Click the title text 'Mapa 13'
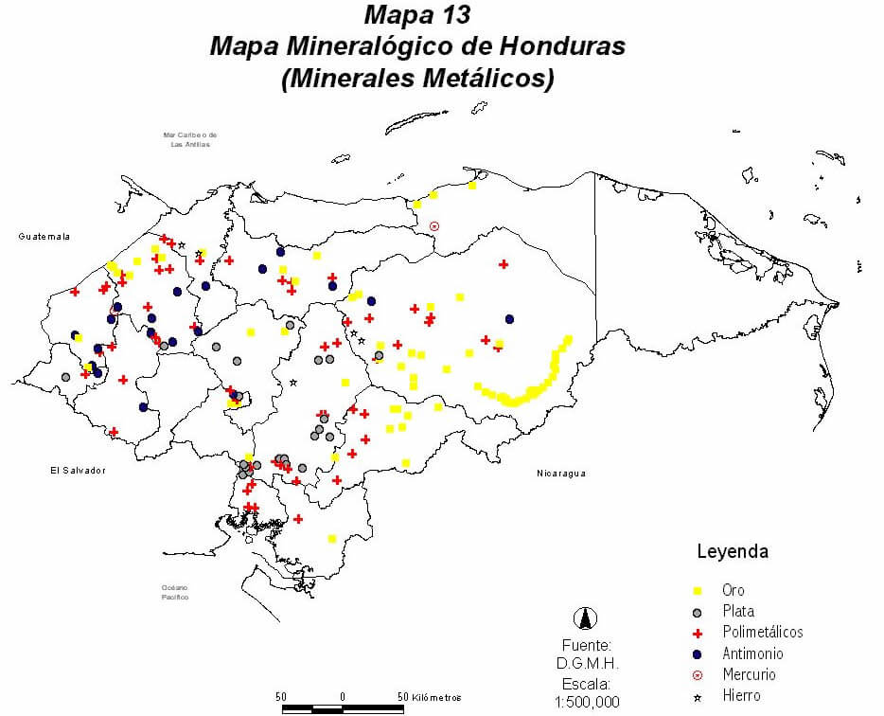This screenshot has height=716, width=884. coord(416,15)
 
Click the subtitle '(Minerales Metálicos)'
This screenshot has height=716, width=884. coord(416,79)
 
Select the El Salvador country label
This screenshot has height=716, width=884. coord(78,470)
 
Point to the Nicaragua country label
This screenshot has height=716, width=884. coord(562,473)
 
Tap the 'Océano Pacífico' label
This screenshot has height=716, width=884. coord(175,593)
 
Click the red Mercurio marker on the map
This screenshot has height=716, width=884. coord(434,226)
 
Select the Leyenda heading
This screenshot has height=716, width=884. coord(732,551)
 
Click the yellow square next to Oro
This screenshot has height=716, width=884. coord(698,590)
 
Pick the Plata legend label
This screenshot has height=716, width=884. coord(737,611)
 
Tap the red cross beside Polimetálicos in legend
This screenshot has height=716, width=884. coord(698,633)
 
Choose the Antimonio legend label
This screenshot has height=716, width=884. coord(752,653)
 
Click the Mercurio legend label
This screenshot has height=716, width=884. coord(749,675)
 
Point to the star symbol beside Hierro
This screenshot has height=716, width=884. coord(698,697)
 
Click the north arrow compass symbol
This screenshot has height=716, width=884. coord(587,618)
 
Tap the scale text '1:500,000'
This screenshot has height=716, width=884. coord(587,702)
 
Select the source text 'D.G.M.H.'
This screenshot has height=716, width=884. coord(587,663)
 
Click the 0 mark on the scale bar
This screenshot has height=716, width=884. coord(343,696)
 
